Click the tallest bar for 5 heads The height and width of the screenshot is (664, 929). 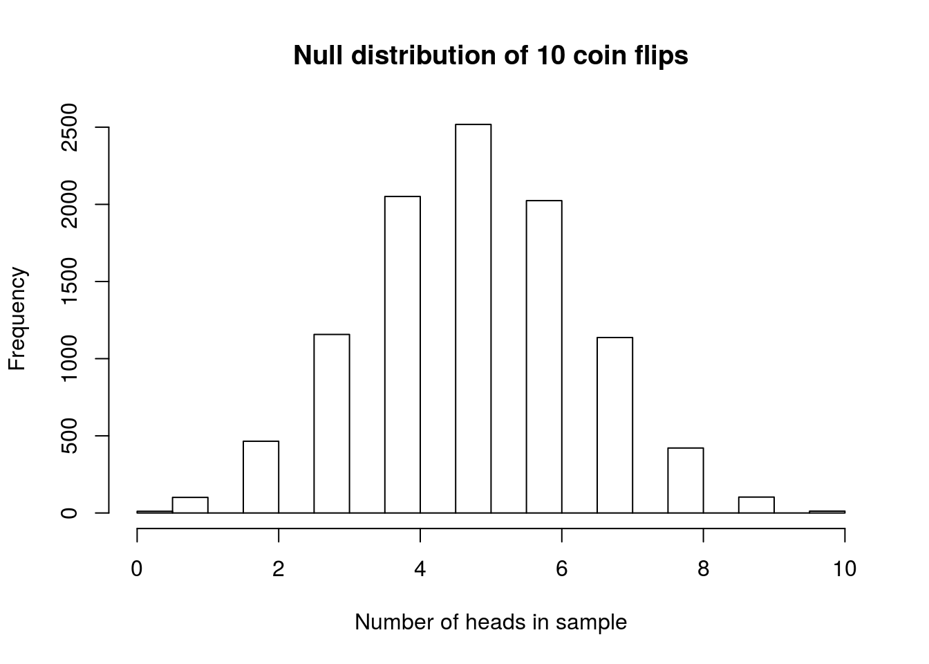pyautogui.click(x=473, y=318)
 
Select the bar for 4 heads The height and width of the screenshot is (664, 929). pyautogui.click(x=402, y=354)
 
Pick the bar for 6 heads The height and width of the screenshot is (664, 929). pyautogui.click(x=544, y=356)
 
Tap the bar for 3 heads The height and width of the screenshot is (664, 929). pyautogui.click(x=332, y=423)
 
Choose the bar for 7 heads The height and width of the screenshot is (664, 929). pyautogui.click(x=614, y=425)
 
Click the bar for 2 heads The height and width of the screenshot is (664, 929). pyautogui.click(x=261, y=477)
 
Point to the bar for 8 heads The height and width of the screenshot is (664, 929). pyautogui.click(x=686, y=480)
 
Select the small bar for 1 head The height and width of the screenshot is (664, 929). pyautogui.click(x=190, y=505)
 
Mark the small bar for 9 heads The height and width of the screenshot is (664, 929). pyautogui.click(x=756, y=505)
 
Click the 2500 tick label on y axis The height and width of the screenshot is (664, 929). pyautogui.click(x=69, y=128)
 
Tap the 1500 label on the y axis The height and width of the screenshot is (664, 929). pyautogui.click(x=69, y=282)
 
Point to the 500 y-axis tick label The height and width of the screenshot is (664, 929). pyautogui.click(x=69, y=436)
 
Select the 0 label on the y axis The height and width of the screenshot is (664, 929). pyautogui.click(x=69, y=513)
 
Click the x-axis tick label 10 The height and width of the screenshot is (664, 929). pyautogui.click(x=845, y=569)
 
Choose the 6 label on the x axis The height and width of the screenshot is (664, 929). pyautogui.click(x=561, y=569)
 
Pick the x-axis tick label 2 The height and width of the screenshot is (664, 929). pyautogui.click(x=278, y=569)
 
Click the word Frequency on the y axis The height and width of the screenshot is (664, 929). pyautogui.click(x=17, y=319)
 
